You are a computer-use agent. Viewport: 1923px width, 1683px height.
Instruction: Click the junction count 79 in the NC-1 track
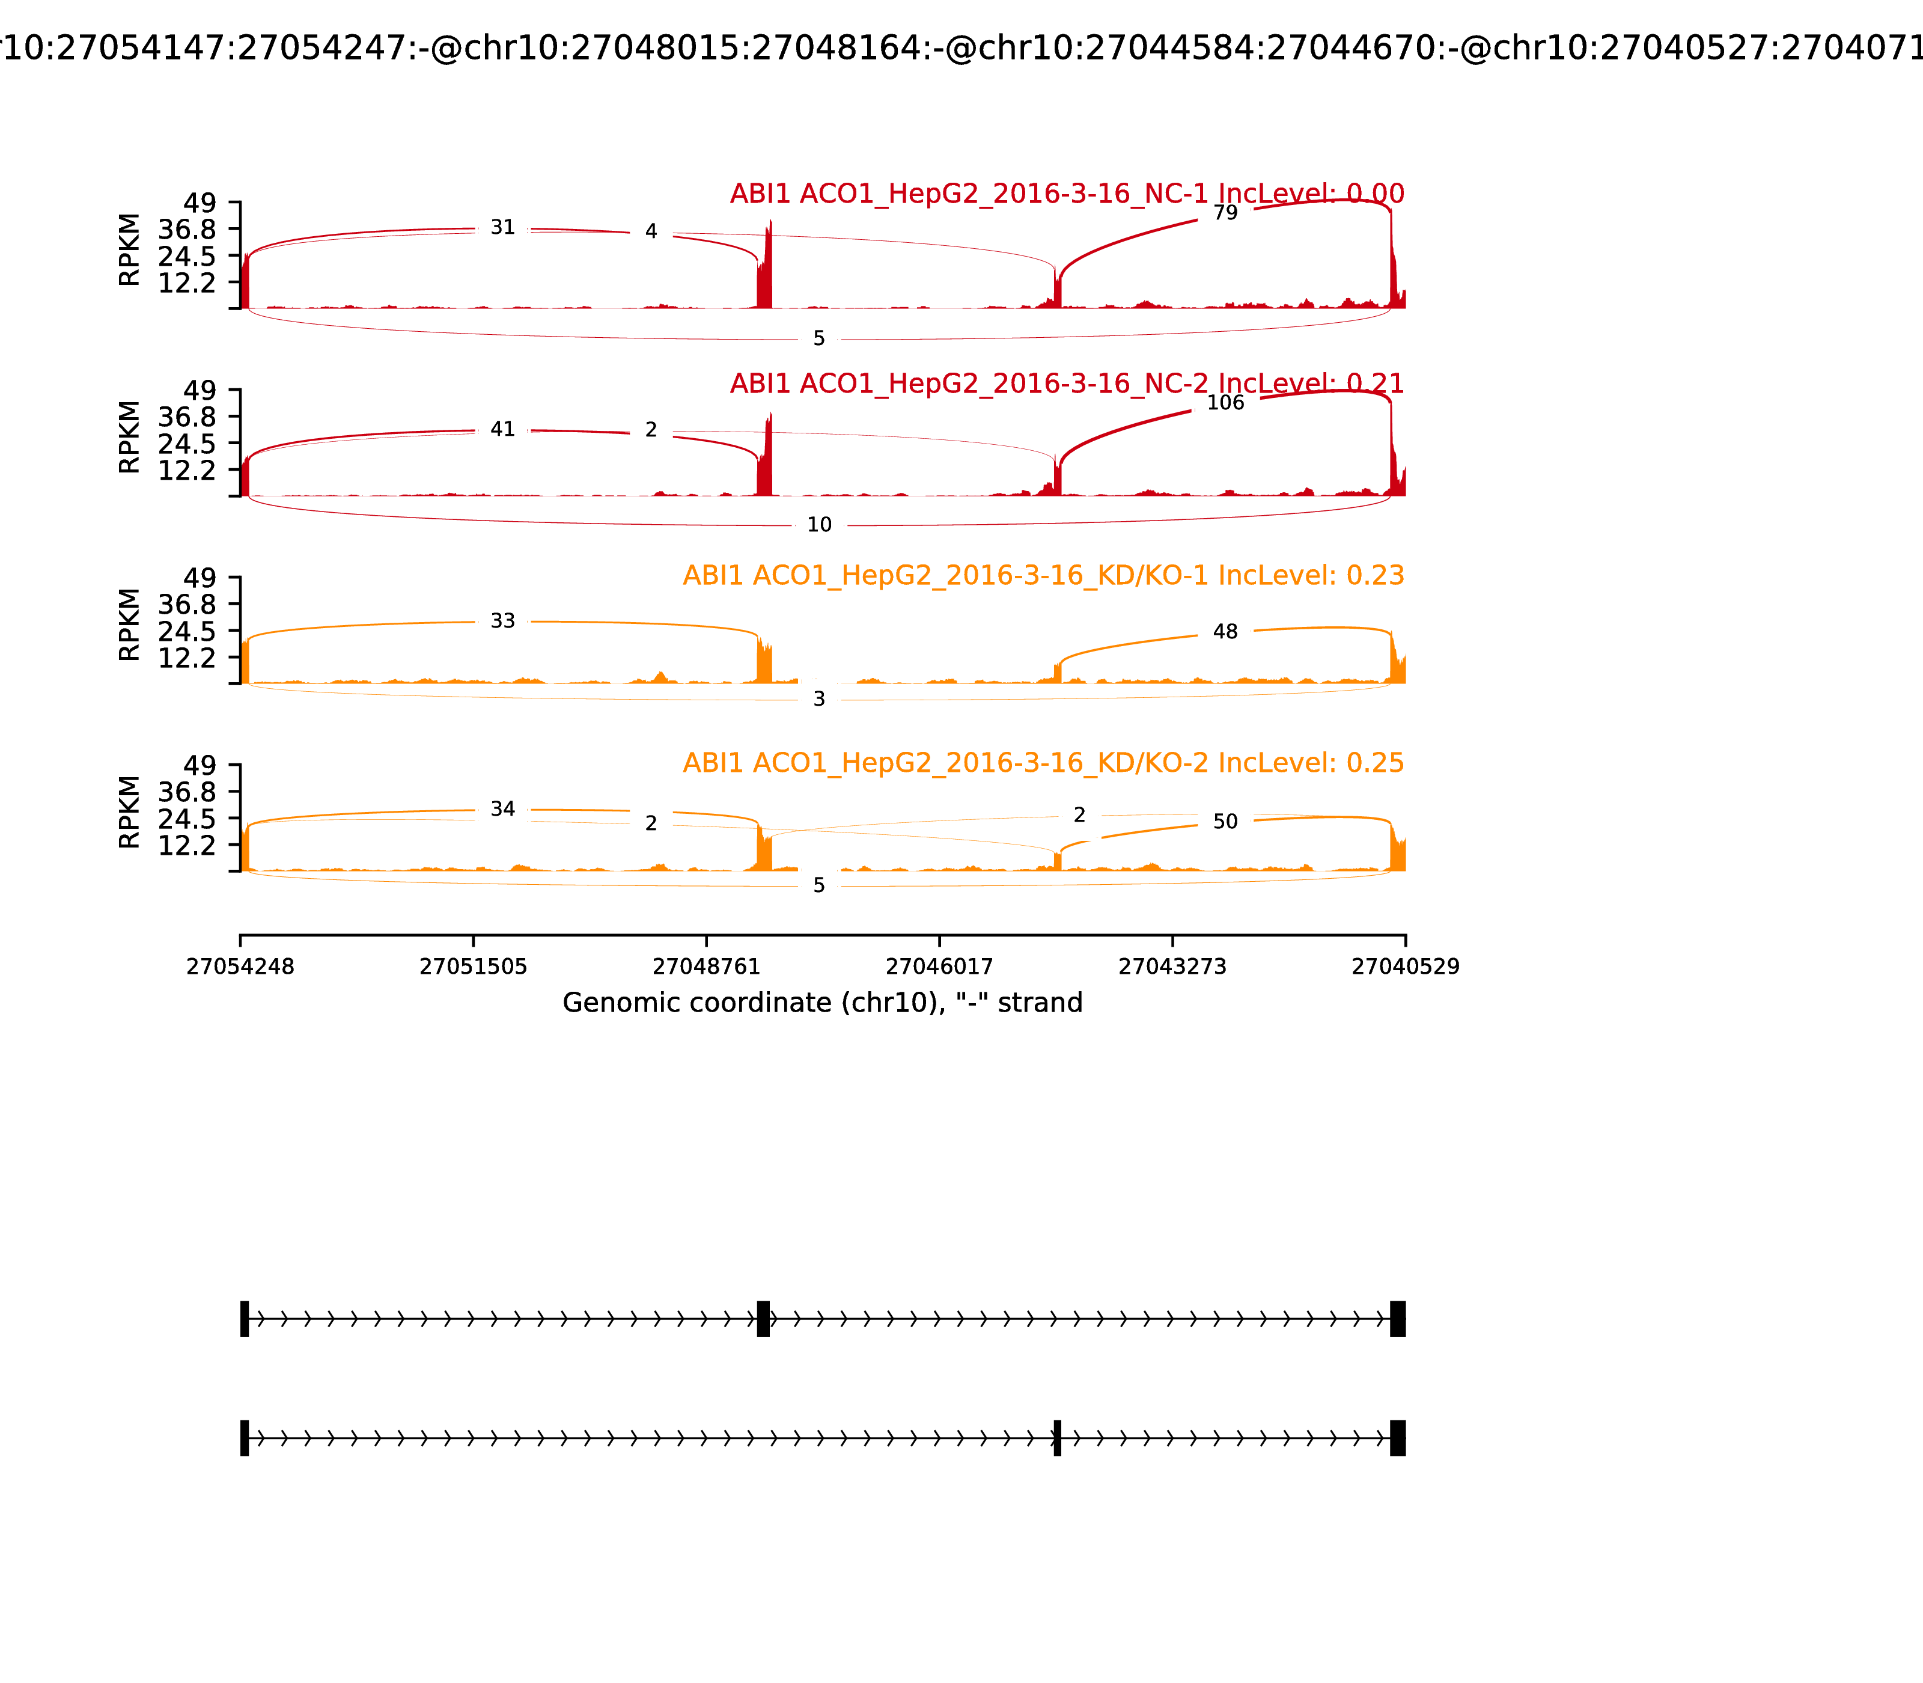point(1225,213)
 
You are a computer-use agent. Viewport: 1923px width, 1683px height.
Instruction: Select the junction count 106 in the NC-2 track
point(1225,403)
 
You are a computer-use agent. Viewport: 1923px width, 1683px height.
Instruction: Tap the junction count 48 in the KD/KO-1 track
point(1225,632)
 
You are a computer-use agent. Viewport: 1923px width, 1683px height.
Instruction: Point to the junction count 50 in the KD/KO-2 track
point(1225,822)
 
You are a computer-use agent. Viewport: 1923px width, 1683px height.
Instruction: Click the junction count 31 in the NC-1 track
point(502,227)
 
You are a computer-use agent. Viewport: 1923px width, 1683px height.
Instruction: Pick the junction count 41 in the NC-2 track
point(502,429)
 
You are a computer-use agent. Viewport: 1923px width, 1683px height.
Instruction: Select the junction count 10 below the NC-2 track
point(818,525)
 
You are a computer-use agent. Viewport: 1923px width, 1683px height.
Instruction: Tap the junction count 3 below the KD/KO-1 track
point(818,698)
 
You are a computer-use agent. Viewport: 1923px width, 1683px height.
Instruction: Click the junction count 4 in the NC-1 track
point(651,232)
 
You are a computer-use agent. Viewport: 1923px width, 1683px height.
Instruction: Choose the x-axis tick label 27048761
point(706,967)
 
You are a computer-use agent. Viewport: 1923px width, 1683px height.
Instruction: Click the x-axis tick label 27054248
point(240,967)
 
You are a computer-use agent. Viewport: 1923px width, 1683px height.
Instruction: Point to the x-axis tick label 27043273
point(1172,967)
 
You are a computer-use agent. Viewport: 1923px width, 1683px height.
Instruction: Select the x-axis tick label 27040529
point(1405,967)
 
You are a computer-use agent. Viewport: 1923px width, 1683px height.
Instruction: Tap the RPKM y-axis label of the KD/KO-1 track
point(130,625)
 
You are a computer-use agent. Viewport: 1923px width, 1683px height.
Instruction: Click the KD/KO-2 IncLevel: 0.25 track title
point(1042,763)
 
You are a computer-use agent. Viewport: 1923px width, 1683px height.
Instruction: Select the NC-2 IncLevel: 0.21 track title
point(1067,383)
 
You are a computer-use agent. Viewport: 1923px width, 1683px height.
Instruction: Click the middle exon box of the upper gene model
point(763,1319)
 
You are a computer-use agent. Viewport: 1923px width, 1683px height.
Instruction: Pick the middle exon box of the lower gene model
point(1057,1438)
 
